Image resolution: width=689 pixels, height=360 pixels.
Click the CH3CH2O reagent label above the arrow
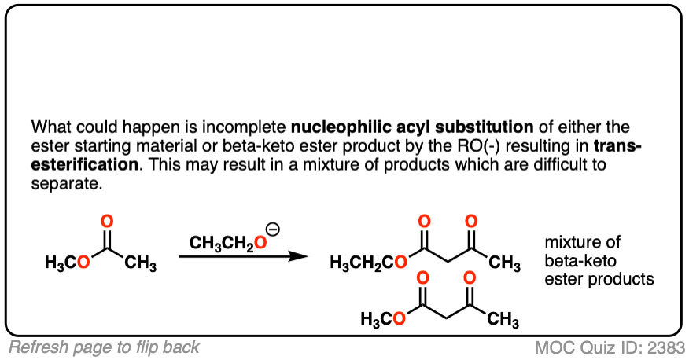tap(224, 244)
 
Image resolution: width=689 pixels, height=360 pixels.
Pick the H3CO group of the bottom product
tap(383, 319)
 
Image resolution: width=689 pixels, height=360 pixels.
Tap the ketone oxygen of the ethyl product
tap(473, 221)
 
